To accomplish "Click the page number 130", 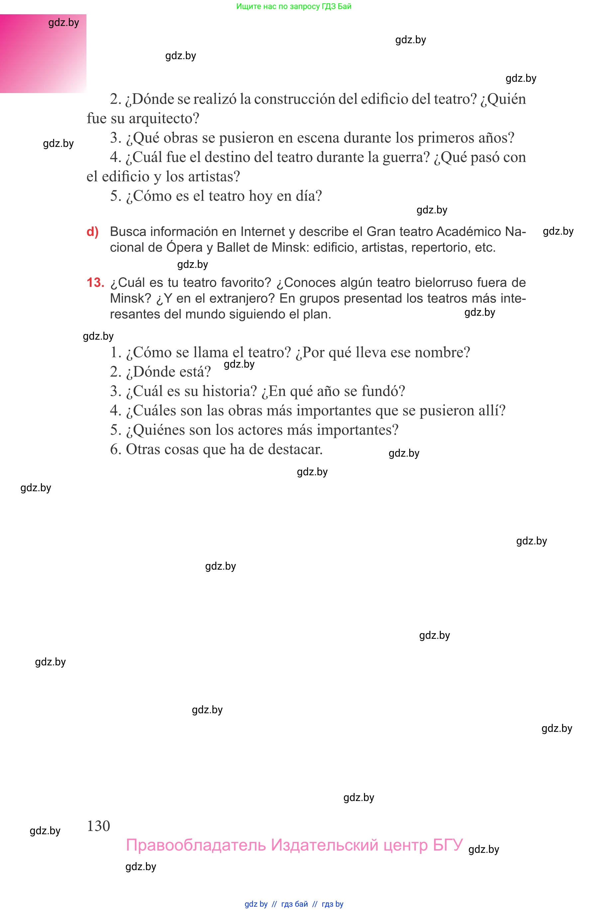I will coord(98,826).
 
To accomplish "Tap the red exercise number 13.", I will coord(95,283).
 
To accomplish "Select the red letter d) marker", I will coord(92,232).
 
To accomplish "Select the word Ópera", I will coord(185,247).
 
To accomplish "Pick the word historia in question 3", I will coord(229,391).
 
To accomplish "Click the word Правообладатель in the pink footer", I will coord(196,845).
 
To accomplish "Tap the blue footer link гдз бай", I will coord(294,904).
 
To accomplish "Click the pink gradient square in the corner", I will coord(43,54).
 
